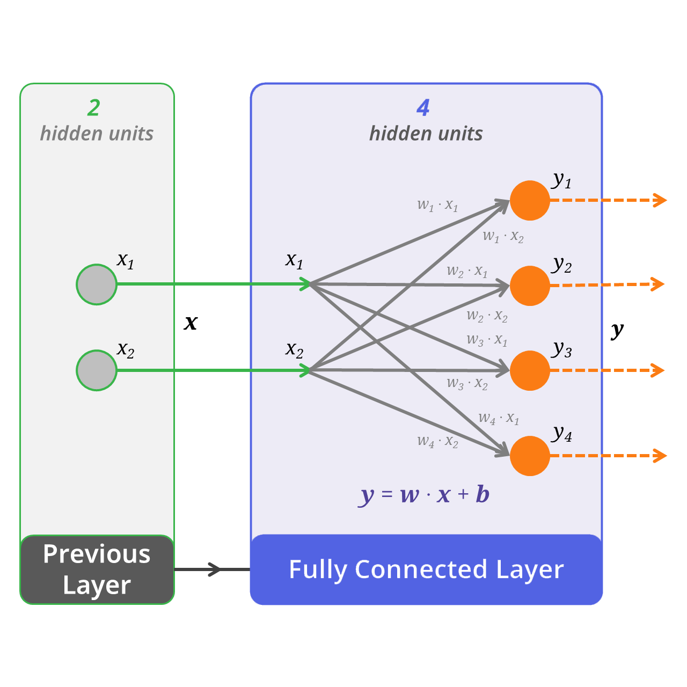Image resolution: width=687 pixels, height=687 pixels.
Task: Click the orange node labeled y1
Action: click(530, 200)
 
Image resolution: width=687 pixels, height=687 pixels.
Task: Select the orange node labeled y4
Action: click(530, 456)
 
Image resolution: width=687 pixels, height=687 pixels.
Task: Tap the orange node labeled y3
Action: click(530, 370)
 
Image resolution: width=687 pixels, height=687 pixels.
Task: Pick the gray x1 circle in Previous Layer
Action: click(97, 284)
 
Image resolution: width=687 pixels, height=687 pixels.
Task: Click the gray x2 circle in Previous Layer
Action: click(97, 370)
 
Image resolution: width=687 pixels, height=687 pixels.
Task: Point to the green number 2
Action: click(94, 108)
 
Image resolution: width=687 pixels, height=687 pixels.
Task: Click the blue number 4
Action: click(423, 108)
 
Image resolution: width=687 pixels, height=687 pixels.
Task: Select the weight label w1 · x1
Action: click(437, 205)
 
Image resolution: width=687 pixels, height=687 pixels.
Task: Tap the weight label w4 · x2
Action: click(437, 442)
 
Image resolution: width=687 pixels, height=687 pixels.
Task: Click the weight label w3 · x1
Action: click(487, 340)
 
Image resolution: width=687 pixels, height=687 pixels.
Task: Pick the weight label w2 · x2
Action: click(487, 316)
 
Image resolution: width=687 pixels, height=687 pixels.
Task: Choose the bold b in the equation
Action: click(483, 494)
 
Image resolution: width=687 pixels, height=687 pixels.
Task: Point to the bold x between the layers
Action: click(191, 323)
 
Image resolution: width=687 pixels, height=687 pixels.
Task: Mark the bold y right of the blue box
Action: click(617, 331)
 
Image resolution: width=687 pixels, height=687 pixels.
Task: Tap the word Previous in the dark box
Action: click(97, 554)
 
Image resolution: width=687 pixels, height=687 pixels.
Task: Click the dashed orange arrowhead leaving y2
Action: click(658, 284)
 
